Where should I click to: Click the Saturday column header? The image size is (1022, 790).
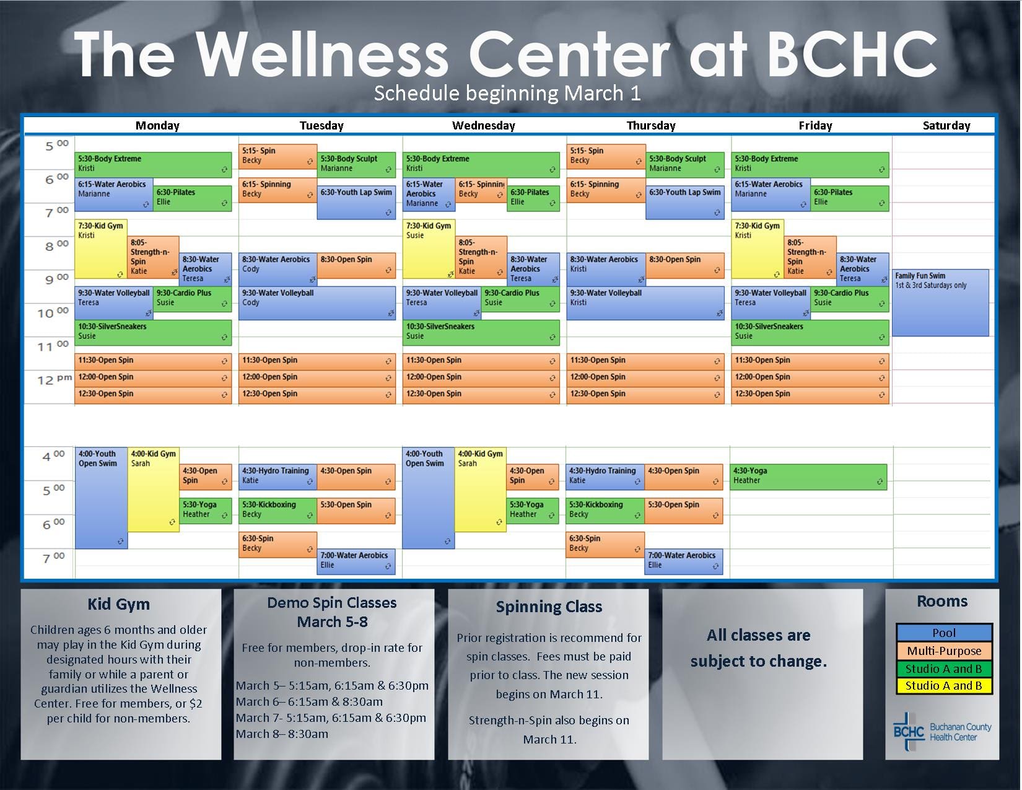[946, 126]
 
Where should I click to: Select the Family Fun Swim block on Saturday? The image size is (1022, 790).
[941, 302]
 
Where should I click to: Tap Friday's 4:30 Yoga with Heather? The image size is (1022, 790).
[808, 476]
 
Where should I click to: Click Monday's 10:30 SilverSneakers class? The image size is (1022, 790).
[154, 333]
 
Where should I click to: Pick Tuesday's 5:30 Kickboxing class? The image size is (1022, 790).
[277, 511]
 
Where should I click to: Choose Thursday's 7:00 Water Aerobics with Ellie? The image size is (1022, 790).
[684, 561]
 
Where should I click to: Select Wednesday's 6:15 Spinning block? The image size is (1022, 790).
[481, 190]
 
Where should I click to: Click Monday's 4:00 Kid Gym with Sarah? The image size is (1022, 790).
[154, 489]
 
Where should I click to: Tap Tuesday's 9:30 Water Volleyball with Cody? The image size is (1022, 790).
[317, 303]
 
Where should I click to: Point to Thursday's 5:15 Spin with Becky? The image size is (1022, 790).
[606, 156]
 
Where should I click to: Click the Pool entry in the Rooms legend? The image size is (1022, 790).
[944, 633]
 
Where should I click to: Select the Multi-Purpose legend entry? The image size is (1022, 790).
[944, 651]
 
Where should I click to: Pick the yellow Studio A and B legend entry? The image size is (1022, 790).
[944, 685]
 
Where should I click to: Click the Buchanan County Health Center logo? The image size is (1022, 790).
[942, 731]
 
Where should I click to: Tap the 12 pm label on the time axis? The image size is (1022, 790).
[54, 379]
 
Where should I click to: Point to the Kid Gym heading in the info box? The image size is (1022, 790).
[118, 604]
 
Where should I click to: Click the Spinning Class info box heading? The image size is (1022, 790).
[549, 607]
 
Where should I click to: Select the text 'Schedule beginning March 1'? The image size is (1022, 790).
[507, 93]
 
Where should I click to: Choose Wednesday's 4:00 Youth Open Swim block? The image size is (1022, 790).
[428, 498]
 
